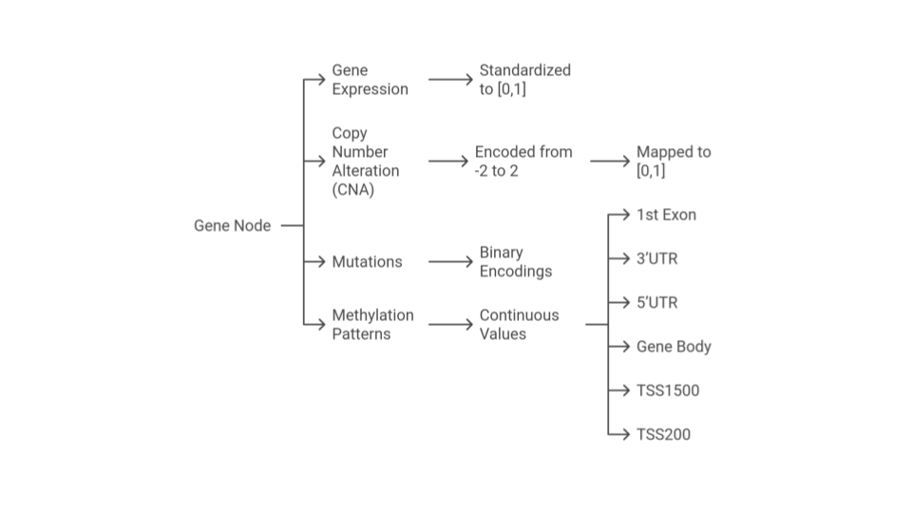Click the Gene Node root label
click(x=232, y=226)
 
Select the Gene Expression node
click(x=370, y=80)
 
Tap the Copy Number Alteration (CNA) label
click(x=365, y=161)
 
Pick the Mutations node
click(x=367, y=262)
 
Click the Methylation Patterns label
click(x=372, y=325)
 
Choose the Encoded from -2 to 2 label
click(x=523, y=161)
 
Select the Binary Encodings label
click(x=515, y=262)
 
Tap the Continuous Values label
click(x=519, y=325)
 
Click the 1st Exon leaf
click(x=666, y=215)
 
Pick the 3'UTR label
click(x=656, y=258)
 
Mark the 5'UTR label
click(x=656, y=303)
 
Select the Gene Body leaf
click(x=674, y=347)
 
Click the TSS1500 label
click(x=668, y=390)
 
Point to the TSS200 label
click(x=663, y=434)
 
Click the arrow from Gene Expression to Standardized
click(x=450, y=80)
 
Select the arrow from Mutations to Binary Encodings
click(x=450, y=262)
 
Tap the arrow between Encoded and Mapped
click(x=610, y=161)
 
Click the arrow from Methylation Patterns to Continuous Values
click(x=450, y=325)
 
